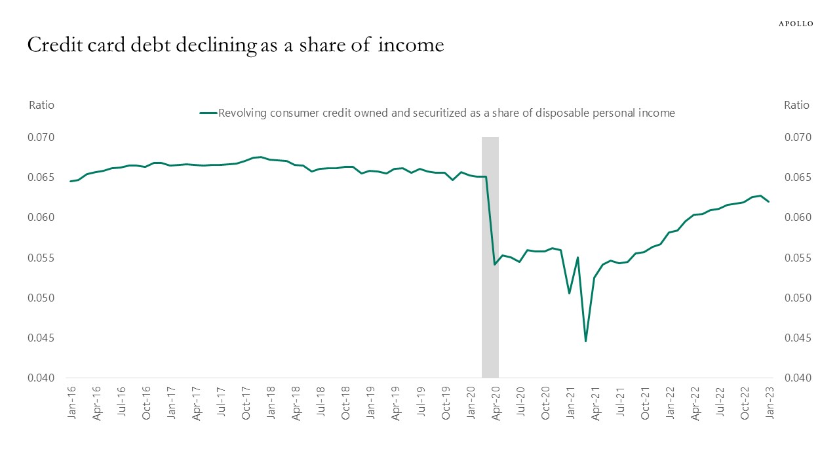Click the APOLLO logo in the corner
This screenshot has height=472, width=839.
tap(795, 24)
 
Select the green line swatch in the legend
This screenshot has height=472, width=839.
tap(208, 113)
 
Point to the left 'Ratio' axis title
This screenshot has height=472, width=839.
tap(41, 105)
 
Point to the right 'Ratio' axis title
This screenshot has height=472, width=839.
tap(796, 105)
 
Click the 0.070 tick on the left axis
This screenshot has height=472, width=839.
tap(41, 138)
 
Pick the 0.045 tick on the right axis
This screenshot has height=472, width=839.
tap(797, 338)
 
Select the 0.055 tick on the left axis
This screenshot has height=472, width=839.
tap(41, 258)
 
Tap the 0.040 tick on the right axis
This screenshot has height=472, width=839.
tap(797, 378)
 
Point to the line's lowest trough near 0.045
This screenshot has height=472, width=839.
tap(585, 341)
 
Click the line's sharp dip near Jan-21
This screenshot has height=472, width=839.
tap(569, 293)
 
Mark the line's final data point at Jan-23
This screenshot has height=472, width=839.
tap(769, 201)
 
